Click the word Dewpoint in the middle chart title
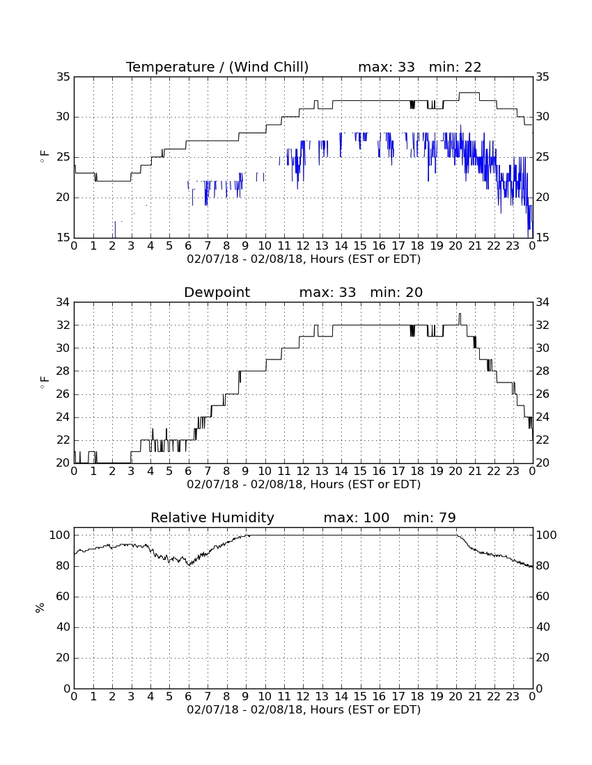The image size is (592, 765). tap(217, 293)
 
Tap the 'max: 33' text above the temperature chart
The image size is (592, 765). tap(387, 67)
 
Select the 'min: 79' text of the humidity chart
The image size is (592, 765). tap(429, 517)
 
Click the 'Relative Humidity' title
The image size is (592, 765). tap(212, 518)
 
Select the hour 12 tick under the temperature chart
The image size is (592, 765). tap(304, 246)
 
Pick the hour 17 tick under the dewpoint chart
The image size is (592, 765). tap(398, 472)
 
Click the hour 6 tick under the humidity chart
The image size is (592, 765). tap(189, 697)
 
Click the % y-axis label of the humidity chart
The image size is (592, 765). tap(40, 607)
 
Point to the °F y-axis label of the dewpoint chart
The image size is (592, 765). tap(45, 382)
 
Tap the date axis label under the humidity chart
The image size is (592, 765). tap(304, 709)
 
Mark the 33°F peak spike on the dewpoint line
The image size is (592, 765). tap(460, 314)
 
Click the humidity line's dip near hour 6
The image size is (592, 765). tap(189, 565)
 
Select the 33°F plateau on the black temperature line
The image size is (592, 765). tap(469, 92)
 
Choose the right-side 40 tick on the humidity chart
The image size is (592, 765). tap(543, 627)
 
